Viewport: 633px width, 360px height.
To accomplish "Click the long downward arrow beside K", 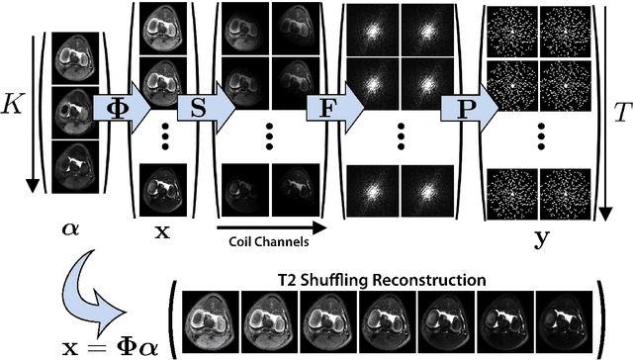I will [30, 109].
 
